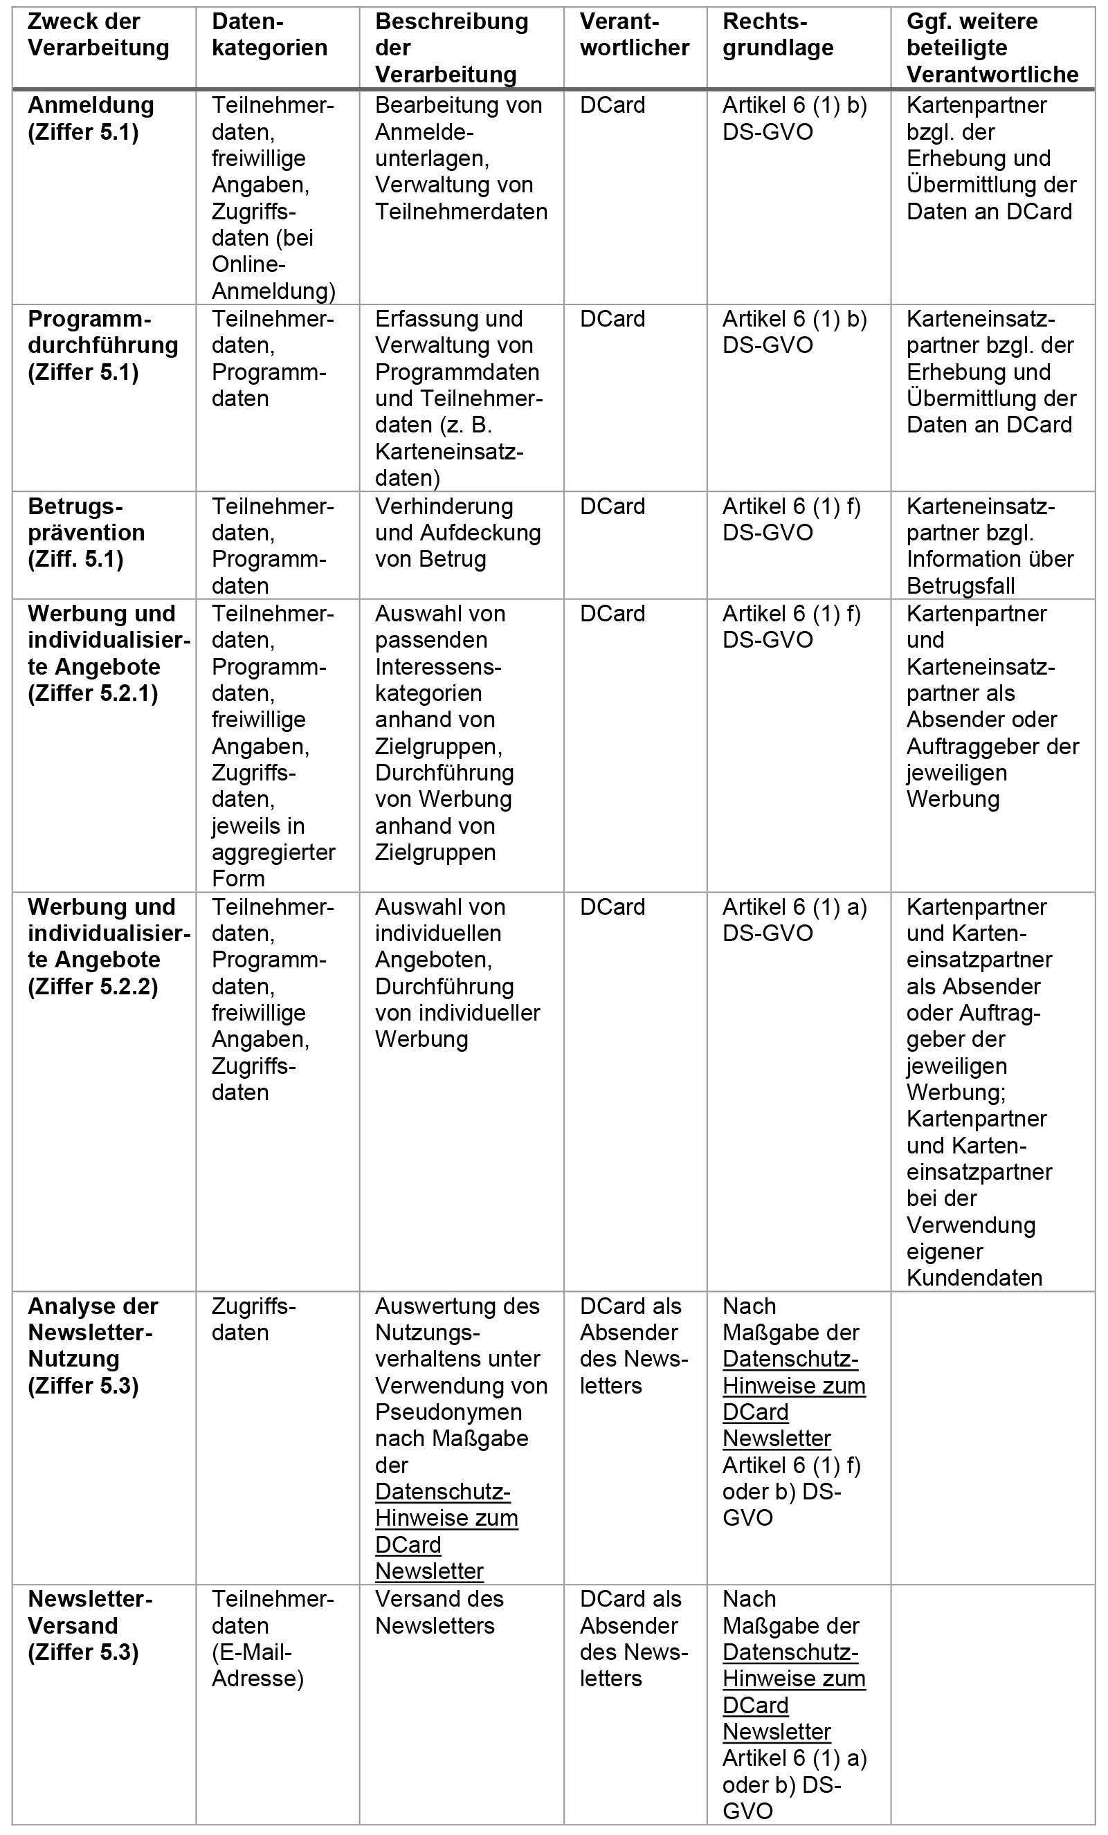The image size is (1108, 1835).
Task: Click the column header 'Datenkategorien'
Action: pyautogui.click(x=269, y=35)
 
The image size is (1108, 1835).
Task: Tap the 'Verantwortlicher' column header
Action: pyautogui.click(x=634, y=35)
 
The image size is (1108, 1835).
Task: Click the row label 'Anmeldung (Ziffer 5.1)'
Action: pyautogui.click(x=90, y=118)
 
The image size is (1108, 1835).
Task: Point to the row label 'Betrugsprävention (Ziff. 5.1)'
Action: pyautogui.click(x=86, y=533)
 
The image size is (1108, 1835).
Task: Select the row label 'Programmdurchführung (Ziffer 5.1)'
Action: pyautogui.click(x=102, y=345)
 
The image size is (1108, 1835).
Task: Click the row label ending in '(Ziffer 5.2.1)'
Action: pyautogui.click(x=109, y=653)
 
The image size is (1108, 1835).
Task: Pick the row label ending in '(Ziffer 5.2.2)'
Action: pyautogui.click(x=109, y=947)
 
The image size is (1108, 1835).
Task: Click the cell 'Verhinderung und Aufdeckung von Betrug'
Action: pyautogui.click(x=457, y=533)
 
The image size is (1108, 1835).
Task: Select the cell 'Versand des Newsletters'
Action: pyautogui.click(x=439, y=1612)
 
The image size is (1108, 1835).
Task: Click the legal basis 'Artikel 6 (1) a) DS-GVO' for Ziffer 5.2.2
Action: pyautogui.click(x=794, y=920)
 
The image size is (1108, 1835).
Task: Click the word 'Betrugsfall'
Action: pyautogui.click(x=961, y=586)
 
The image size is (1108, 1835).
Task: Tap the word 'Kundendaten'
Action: pyautogui.click(x=974, y=1278)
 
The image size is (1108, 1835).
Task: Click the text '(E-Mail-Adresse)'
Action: pyautogui.click(x=257, y=1666)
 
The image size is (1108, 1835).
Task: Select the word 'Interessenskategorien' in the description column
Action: pyautogui.click(x=438, y=680)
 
